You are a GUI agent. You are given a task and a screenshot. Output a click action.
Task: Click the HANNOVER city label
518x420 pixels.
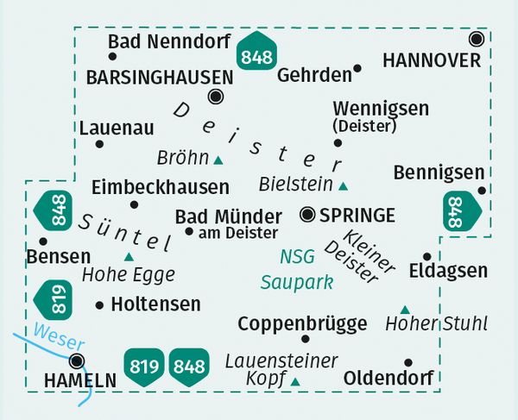coord(431,60)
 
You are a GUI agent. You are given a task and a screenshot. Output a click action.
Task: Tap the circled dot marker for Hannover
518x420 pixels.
coord(476,39)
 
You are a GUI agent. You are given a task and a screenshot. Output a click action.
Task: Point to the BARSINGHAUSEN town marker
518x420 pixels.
coord(216,97)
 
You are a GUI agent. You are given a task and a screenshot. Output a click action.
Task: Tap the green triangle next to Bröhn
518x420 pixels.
coord(218,160)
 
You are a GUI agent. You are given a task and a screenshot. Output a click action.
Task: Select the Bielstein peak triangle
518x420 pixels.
coord(344,185)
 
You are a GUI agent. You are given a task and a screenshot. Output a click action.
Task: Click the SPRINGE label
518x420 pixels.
coord(357,215)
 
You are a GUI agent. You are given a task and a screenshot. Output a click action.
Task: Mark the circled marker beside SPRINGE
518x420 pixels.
coord(307,214)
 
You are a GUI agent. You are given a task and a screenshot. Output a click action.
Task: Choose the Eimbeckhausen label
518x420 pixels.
coord(160,186)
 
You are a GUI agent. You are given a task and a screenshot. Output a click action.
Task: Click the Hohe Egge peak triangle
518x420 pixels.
coord(129,256)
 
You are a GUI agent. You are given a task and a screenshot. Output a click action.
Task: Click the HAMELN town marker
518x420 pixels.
coord(78,360)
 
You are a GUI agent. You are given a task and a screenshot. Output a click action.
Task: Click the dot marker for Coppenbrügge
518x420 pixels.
coord(305,338)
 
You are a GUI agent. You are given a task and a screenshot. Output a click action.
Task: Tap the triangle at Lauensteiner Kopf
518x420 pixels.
coord(295,381)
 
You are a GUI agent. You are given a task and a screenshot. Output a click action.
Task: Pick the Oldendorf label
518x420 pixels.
coord(386,378)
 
